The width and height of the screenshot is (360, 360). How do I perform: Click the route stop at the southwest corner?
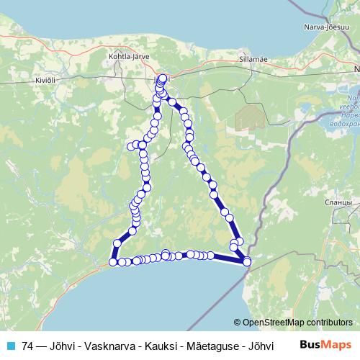(113, 262)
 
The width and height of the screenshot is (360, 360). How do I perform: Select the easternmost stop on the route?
(248, 261)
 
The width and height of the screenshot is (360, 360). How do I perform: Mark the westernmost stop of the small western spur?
(131, 146)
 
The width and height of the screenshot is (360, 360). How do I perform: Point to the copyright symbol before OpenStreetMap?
(238, 323)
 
